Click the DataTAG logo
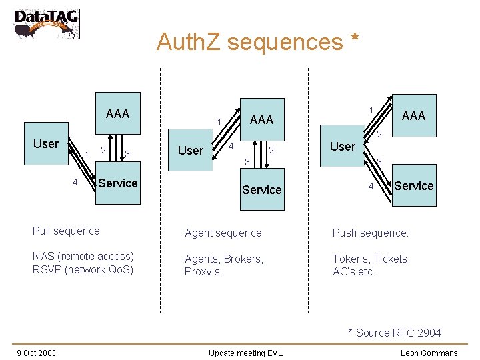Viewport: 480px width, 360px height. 45,23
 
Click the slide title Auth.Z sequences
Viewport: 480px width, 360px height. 257,42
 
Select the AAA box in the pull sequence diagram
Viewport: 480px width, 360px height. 117,113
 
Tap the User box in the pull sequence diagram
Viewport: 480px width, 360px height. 46,143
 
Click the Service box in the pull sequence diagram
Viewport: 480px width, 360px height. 117,183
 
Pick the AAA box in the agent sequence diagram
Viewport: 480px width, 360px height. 261,119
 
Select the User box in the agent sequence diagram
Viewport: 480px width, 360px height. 191,151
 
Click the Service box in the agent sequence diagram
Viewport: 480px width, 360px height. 261,190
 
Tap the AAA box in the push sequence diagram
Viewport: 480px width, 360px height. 413,115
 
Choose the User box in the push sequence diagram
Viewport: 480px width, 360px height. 343,147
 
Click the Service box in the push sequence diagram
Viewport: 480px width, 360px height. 413,186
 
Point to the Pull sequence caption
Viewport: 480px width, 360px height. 66,231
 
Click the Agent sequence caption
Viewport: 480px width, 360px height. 223,233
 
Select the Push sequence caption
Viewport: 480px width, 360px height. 370,233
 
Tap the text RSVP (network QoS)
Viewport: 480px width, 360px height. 83,270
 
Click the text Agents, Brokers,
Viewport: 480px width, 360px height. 224,259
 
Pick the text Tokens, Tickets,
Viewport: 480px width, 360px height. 371,259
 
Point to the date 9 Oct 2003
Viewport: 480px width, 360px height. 36,353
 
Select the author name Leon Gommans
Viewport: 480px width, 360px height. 429,353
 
